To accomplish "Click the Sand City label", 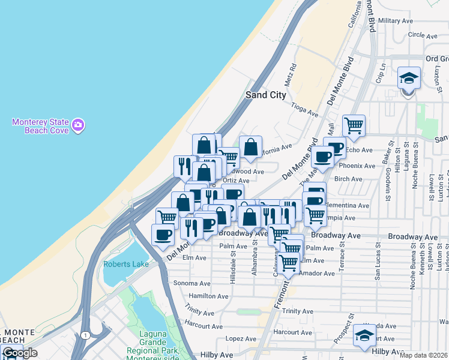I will tap(267, 95).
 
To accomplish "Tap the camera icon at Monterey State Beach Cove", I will tap(78, 125).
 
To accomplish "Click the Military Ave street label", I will tap(396, 20).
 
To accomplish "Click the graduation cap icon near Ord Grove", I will tap(409, 79).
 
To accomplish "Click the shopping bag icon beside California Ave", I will tap(250, 147).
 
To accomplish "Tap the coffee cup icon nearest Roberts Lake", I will tap(162, 235).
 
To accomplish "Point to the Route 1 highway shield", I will tap(87, 334).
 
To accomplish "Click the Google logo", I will tap(19, 353).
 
